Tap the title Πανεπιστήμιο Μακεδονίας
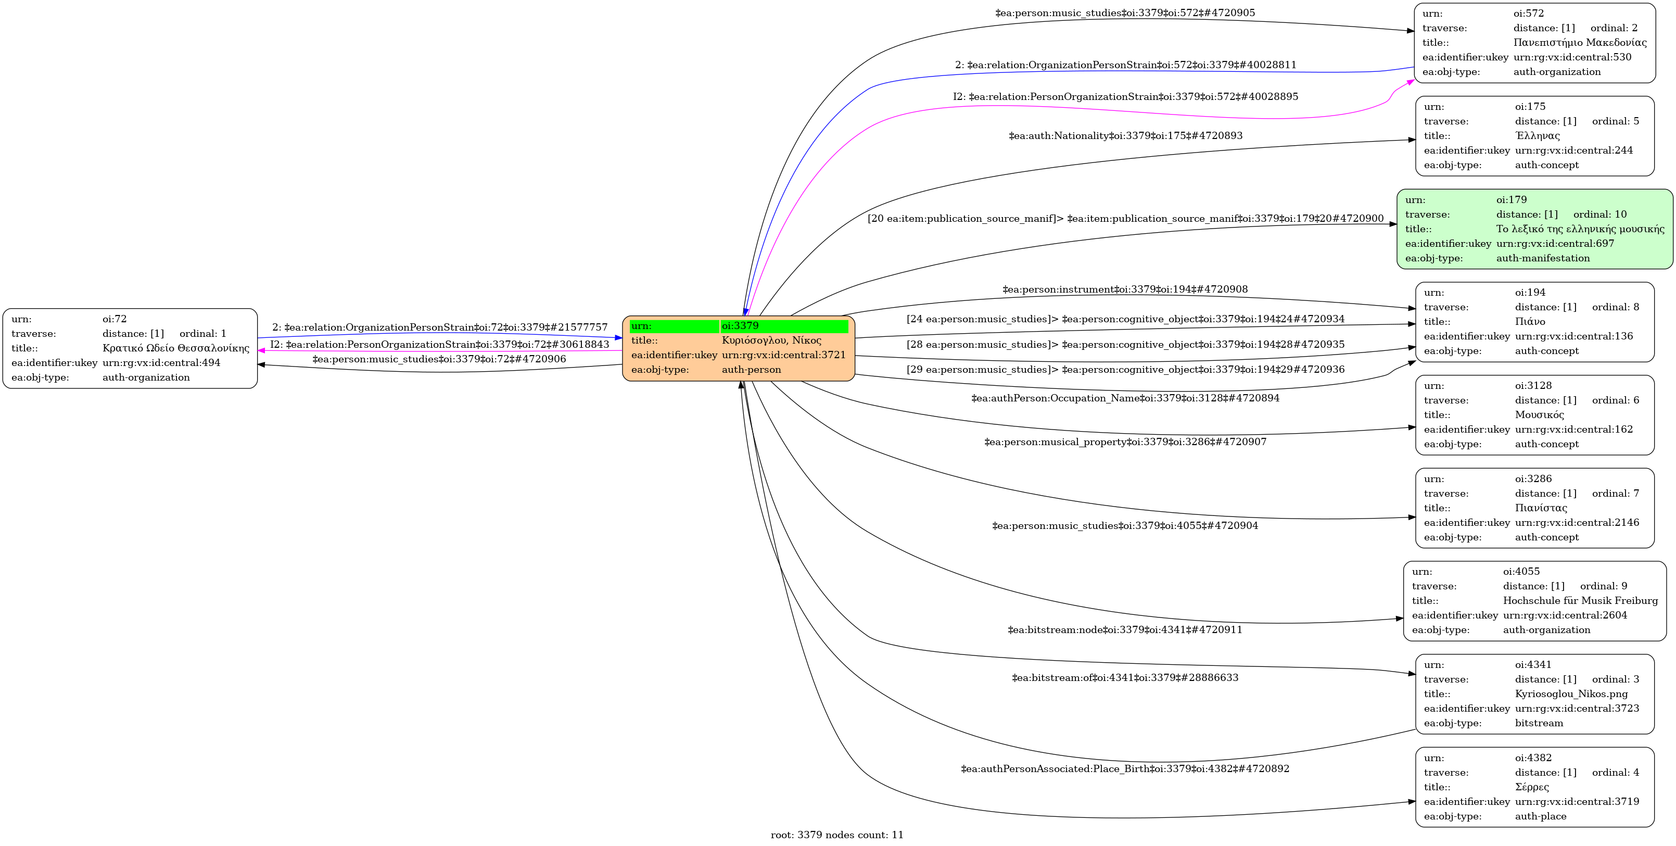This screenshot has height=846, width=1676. pyautogui.click(x=1580, y=43)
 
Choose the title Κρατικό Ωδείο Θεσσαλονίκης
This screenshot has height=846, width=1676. pyautogui.click(x=176, y=348)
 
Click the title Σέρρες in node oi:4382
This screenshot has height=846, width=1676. pyautogui.click(x=1531, y=787)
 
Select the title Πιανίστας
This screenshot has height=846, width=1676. pyautogui.click(x=1541, y=508)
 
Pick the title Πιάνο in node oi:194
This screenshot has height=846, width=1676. pyautogui.click(x=1530, y=322)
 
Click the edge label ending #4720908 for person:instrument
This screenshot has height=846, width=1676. pyautogui.click(x=1125, y=289)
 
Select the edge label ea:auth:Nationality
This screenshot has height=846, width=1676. pyautogui.click(x=1125, y=136)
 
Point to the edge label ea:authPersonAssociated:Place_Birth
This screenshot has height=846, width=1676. pyautogui.click(x=1125, y=768)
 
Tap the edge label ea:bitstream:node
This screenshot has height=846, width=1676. pyautogui.click(x=1125, y=630)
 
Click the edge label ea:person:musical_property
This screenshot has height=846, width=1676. pyautogui.click(x=1125, y=442)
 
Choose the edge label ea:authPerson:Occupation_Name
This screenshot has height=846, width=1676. pyautogui.click(x=1125, y=398)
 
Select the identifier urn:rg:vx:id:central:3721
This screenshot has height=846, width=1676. pyautogui.click(x=783, y=355)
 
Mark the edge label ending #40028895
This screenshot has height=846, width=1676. pyautogui.click(x=1125, y=97)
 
